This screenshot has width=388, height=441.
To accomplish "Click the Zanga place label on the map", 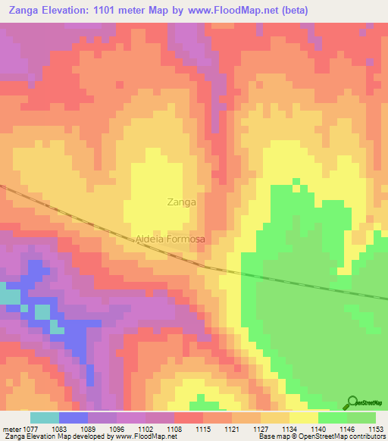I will coord(181,202).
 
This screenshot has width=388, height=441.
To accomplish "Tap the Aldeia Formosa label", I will coord(171,239).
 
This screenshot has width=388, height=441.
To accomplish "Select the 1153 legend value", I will coord(376,428).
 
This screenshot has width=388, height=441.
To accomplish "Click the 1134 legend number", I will coord(290,428).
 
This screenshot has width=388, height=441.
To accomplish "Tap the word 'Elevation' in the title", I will coord(60,11).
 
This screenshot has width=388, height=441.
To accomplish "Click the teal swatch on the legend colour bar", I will coord(44,418).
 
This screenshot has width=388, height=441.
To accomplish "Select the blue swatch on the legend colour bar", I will coord(73,418).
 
